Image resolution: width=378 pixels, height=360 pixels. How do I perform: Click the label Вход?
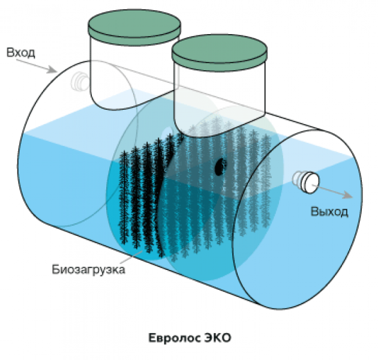[x=20, y=53]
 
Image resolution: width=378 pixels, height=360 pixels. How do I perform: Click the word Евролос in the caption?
[x=169, y=337]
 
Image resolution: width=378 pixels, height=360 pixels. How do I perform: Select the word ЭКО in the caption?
[x=214, y=337]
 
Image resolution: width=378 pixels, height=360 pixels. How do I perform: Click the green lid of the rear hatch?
[x=134, y=25]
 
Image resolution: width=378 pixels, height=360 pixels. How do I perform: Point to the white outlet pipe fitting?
[x=307, y=181]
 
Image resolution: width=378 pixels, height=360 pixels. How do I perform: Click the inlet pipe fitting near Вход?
[x=79, y=82]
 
